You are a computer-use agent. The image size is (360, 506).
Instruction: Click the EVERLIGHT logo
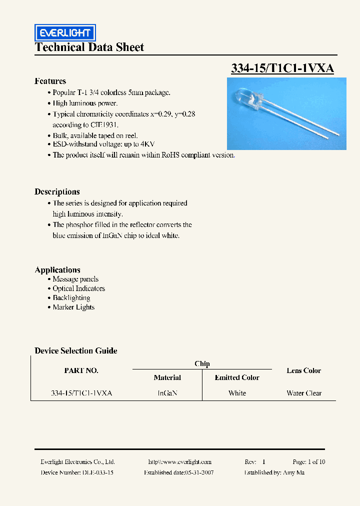65,33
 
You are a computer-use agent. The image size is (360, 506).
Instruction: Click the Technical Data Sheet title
89,47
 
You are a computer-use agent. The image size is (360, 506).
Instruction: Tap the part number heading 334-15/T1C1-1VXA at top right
282,68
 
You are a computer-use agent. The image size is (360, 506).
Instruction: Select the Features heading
50,81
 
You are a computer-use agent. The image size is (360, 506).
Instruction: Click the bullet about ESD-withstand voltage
103,144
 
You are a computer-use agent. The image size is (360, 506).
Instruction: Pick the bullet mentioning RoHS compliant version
143,155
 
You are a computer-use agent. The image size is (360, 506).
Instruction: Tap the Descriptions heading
57,191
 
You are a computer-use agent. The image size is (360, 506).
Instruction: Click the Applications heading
57,269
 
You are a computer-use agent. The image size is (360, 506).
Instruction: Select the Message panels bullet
75,279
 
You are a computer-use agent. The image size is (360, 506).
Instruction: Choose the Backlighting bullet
71,298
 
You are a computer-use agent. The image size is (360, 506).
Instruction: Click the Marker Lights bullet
73,307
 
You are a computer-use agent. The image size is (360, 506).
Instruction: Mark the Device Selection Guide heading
76,350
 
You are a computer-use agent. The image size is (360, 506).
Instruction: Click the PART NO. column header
81,370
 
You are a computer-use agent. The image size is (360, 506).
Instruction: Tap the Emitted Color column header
237,377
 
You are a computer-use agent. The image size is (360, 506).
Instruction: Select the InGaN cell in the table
167,393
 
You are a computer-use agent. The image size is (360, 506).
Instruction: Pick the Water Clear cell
304,393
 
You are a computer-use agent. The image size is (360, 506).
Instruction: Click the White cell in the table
237,393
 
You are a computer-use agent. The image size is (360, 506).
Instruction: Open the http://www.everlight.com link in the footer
180,462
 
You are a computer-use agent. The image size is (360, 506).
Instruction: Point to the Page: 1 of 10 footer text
308,462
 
